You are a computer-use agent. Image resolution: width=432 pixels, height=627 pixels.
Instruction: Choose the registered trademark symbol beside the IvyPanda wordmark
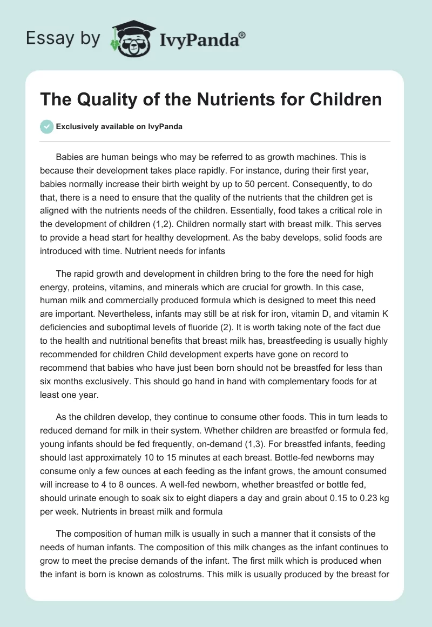(x=242, y=35)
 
